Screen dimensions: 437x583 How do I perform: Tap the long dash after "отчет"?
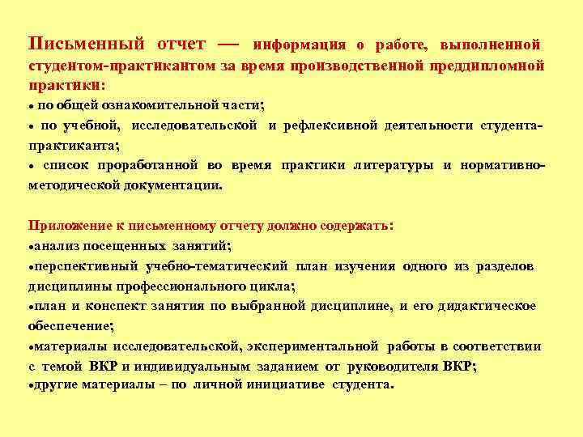229,41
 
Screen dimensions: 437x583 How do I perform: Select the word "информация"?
300,43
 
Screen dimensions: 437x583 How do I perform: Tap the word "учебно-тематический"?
218,265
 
